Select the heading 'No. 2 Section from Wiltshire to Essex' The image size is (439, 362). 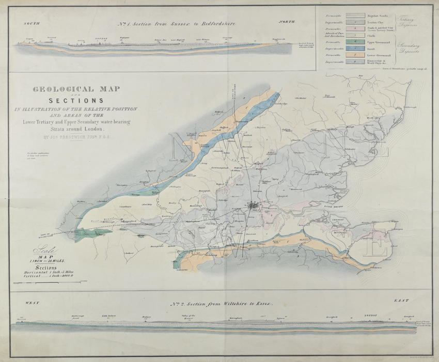point(222,305)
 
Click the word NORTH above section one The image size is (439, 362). point(287,21)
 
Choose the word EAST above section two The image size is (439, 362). point(400,300)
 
